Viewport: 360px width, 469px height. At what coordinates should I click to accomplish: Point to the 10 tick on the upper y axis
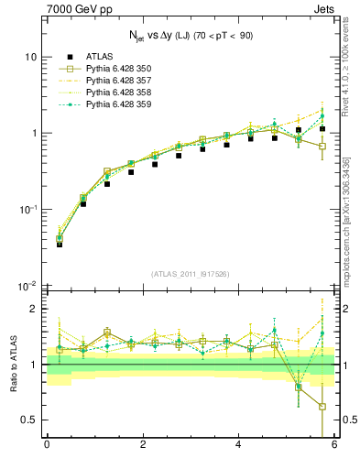[31, 57]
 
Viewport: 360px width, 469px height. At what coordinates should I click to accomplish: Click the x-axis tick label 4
[238, 444]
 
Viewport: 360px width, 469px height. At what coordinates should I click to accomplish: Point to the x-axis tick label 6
[334, 444]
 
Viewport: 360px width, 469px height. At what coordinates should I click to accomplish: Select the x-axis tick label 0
[47, 444]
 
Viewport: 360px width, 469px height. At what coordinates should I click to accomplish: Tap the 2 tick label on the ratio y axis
[34, 309]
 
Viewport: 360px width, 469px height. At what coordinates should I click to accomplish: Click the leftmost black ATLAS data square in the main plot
[60, 244]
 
